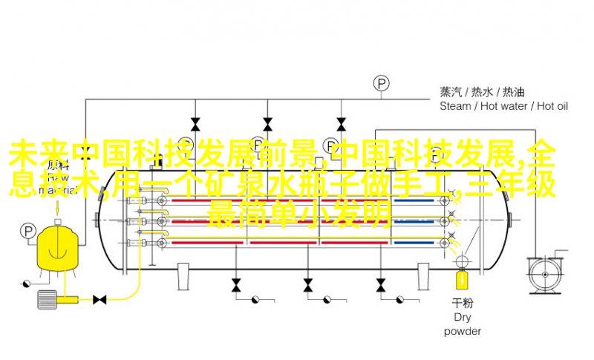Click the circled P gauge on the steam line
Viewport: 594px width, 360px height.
382,83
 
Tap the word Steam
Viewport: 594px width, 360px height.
455,106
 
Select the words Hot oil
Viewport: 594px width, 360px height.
552,106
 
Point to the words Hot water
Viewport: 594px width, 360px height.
504,106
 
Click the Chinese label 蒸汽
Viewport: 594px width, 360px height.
451,92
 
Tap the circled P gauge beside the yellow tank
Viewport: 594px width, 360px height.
28,231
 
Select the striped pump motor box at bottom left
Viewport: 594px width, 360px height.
46,299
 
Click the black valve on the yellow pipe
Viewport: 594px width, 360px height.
99,300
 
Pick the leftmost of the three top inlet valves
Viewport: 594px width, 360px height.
195,124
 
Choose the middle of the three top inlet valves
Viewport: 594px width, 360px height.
268,124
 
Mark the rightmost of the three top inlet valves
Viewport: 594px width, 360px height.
341,124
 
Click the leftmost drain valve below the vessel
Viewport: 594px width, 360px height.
236,285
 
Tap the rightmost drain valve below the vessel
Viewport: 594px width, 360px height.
381,285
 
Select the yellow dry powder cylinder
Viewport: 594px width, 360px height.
462,278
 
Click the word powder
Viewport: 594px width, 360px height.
462,331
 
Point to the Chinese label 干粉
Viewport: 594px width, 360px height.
462,303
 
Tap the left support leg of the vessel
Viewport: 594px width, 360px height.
183,277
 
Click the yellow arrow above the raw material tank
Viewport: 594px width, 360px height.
58,207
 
